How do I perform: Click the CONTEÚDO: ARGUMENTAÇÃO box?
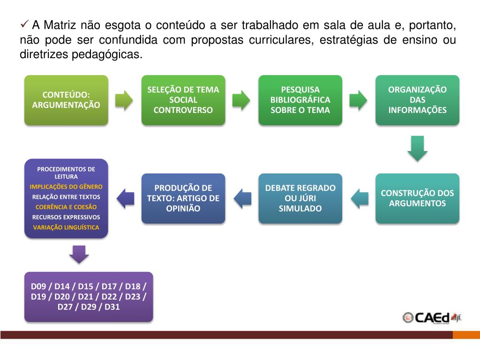(66, 100)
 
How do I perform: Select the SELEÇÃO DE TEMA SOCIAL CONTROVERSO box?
(183, 100)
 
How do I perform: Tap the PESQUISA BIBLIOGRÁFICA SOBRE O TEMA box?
(300, 100)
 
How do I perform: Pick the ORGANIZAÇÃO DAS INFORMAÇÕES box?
(417, 100)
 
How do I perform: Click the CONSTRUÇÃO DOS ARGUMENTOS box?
(417, 198)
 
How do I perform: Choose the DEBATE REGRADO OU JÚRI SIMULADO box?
(300, 198)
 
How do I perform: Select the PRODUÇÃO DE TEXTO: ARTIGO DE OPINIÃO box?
(183, 198)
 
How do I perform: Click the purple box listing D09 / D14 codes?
(89, 297)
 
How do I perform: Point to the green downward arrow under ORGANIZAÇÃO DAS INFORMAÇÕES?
(417, 148)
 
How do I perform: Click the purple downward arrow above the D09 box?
(79, 254)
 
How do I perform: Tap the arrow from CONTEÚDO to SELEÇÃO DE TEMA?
(124, 100)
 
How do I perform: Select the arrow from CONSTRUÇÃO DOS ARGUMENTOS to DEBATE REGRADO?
(359, 198)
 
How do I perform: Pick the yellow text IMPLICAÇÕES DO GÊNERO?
(66, 187)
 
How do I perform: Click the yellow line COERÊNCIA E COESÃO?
(66, 207)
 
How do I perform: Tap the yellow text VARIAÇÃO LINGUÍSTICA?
(66, 227)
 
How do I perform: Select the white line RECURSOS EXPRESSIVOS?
(66, 217)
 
